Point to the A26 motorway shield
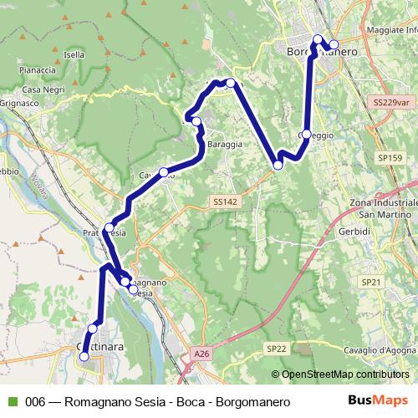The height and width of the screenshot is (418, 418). (201, 354)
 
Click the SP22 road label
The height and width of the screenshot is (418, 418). (276, 348)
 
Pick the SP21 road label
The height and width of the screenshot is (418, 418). (372, 283)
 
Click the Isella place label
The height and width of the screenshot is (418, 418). (74, 54)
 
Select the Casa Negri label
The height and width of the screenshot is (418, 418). (44, 89)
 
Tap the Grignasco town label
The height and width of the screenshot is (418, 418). (18, 104)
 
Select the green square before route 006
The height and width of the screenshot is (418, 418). (11, 402)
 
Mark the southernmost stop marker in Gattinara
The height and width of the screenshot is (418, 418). (84, 357)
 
